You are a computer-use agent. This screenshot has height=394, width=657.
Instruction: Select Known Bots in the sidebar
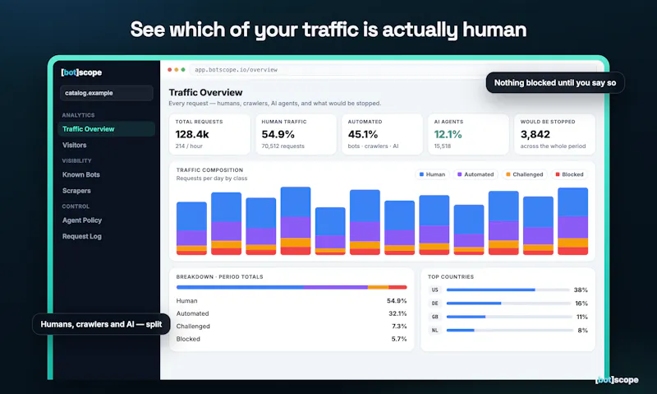point(80,174)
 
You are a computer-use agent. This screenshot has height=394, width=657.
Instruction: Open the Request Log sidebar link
point(81,236)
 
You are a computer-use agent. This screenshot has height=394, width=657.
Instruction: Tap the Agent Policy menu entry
point(81,220)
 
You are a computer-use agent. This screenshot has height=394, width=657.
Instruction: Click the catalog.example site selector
point(107,93)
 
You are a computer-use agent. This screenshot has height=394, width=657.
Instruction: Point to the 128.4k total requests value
point(192,134)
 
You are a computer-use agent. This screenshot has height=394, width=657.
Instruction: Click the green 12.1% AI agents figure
point(448,134)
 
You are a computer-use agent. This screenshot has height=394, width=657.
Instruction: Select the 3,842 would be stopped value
point(535,134)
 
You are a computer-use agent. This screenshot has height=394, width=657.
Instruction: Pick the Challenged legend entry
point(524,174)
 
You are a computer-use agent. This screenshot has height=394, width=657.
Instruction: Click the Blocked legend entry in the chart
point(569,174)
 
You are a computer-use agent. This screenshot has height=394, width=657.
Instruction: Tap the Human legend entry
point(432,174)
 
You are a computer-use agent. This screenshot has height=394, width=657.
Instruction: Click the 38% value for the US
point(581,290)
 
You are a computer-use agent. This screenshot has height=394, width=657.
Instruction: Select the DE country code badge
point(434,304)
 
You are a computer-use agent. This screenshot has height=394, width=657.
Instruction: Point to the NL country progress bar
point(509,330)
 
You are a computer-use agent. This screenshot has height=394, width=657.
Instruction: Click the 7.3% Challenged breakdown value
point(399,326)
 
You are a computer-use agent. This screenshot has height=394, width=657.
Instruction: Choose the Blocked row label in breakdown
point(188,339)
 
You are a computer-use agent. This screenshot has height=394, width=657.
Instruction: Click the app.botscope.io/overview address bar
point(236,70)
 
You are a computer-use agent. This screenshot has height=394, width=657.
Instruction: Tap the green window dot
point(183,70)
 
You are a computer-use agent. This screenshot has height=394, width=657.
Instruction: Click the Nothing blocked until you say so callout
point(555,82)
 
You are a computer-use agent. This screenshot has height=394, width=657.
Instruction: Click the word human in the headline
point(494,30)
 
